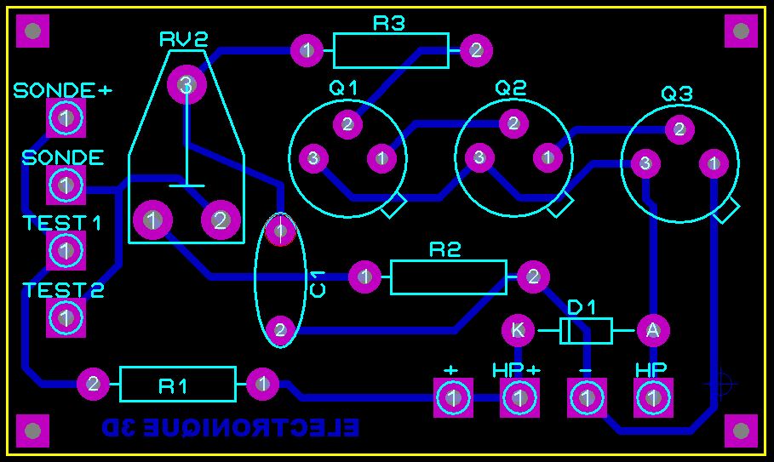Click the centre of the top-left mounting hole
pos(32,31)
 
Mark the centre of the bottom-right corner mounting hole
pos(741,431)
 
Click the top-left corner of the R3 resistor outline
pos(334,33)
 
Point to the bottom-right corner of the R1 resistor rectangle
pos(236,401)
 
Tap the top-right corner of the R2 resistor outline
pos(507,261)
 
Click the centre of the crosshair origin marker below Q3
pos(721,383)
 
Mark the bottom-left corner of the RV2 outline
pos(129,242)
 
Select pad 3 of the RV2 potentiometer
pos(186,85)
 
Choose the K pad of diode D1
pos(518,330)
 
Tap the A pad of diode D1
pos(653,330)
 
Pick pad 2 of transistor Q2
pos(513,123)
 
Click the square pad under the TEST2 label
pos(66,318)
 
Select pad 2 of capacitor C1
pos(280,330)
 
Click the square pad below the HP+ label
pos(519,397)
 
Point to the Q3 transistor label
pos(677,94)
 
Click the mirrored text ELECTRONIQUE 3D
pos(230,427)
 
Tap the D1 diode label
pos(582,308)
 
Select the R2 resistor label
pos(444,250)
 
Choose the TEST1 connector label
pos(62,223)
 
